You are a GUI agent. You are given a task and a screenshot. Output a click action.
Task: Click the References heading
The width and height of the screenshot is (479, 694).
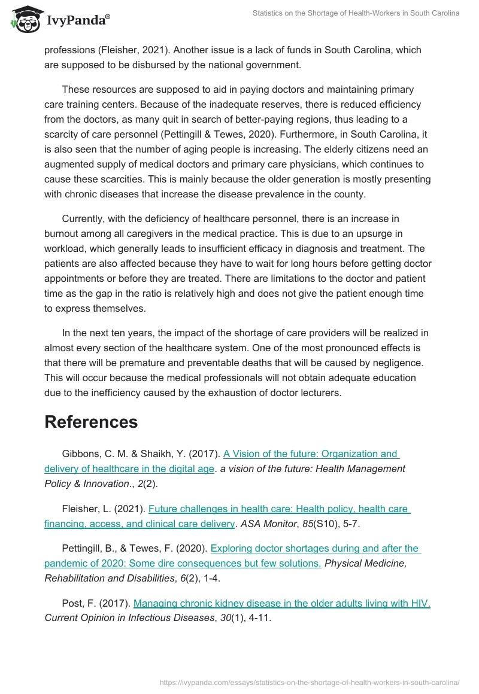click(91, 422)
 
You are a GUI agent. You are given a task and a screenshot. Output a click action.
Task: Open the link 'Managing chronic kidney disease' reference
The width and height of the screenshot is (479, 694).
click(281, 604)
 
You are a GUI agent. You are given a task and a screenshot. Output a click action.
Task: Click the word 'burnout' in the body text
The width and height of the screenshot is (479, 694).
click(62, 234)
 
